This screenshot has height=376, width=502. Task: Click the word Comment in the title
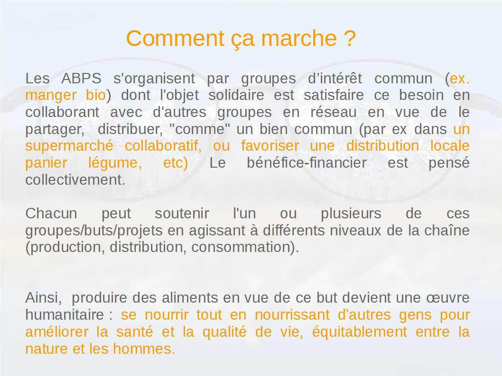175,38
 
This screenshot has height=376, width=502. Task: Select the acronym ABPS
81,79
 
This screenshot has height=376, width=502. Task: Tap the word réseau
333,112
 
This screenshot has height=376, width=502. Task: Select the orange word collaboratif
163,146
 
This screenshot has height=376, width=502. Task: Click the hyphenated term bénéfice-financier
307,163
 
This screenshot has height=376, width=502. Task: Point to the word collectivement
75,180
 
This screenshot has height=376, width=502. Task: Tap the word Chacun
51,214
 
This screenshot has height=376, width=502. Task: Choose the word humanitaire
65,315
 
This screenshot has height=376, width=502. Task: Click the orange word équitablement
360,332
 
